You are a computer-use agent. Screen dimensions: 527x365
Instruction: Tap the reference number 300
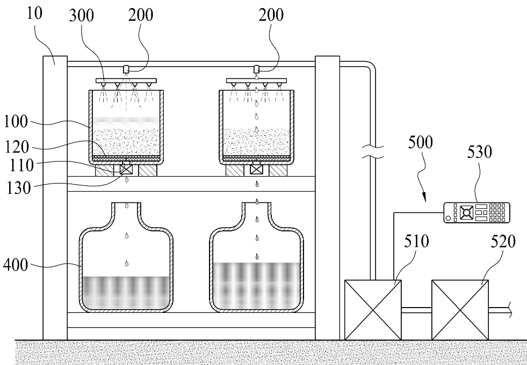click(82, 16)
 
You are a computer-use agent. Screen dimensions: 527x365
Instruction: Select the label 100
click(16, 121)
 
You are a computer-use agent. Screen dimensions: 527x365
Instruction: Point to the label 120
click(18, 147)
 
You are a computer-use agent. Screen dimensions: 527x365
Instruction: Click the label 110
click(22, 165)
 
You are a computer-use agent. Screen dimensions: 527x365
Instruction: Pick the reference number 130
click(19, 188)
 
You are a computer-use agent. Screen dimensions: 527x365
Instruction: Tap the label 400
click(16, 265)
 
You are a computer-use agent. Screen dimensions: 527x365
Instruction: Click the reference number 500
click(421, 142)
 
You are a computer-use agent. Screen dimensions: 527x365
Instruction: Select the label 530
click(480, 152)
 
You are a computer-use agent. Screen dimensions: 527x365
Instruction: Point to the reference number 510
click(416, 241)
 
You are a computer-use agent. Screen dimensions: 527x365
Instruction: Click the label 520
click(503, 241)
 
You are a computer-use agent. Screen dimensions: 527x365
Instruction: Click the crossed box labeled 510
click(373, 310)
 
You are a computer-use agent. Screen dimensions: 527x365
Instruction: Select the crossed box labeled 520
click(460, 310)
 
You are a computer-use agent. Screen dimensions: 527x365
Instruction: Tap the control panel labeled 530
click(477, 212)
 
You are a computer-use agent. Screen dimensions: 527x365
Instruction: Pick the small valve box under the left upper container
click(126, 169)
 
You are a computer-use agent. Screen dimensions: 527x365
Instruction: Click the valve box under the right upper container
click(256, 169)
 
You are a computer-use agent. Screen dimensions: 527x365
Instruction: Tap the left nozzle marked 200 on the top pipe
click(126, 69)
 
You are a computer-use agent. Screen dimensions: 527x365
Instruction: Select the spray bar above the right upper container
click(256, 81)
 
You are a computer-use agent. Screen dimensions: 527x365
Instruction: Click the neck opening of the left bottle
click(126, 203)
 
